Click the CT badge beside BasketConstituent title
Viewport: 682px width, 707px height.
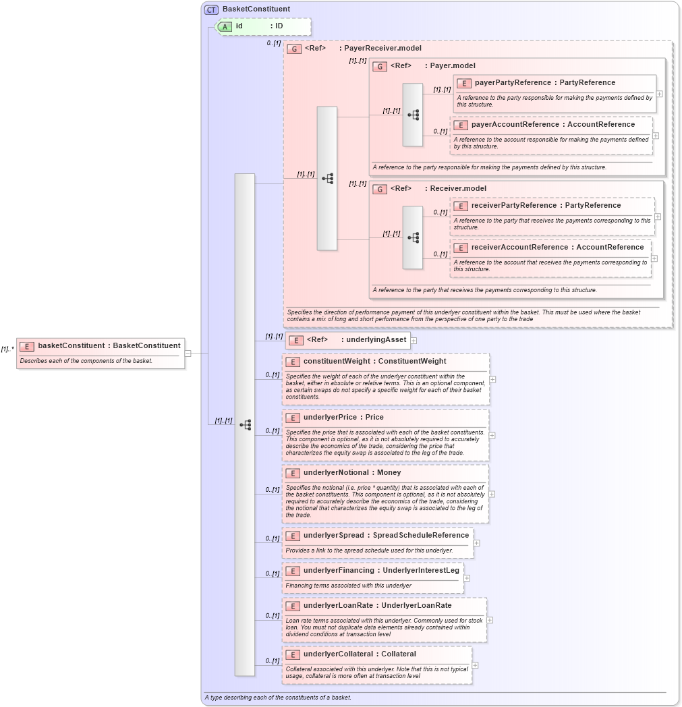(x=211, y=9)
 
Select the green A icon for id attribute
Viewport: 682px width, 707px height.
(x=225, y=26)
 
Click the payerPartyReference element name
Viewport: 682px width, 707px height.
(x=512, y=83)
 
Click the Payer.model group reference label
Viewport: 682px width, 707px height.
(x=452, y=66)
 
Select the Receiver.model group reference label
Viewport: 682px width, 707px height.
(x=458, y=189)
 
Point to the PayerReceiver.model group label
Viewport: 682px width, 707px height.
(x=382, y=49)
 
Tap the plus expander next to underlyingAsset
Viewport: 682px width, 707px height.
(x=414, y=341)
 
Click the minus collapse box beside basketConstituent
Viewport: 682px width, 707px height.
(x=188, y=353)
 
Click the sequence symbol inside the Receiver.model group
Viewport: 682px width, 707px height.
(x=413, y=237)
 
